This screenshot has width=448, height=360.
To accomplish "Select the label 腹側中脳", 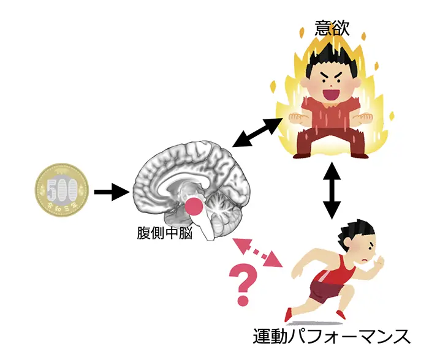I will point(163,233).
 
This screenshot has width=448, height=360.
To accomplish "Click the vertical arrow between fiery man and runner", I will point(332,190).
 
